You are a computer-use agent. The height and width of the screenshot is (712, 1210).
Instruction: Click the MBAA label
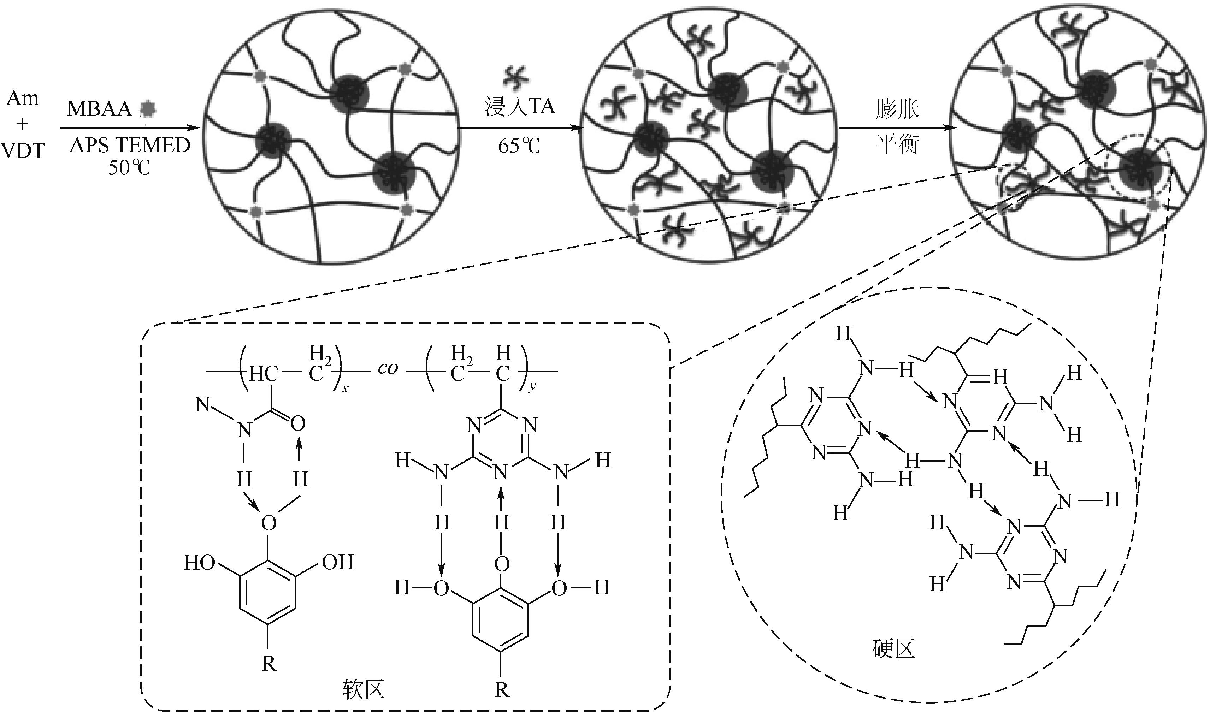click(99, 109)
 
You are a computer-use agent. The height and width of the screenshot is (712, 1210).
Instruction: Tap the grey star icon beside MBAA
click(147, 109)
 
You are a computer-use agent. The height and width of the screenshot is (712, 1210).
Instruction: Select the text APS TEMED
click(130, 145)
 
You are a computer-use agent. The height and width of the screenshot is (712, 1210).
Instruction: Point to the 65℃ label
click(519, 145)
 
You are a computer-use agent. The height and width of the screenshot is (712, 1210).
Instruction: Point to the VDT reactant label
click(23, 151)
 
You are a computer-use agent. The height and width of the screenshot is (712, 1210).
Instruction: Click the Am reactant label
click(23, 99)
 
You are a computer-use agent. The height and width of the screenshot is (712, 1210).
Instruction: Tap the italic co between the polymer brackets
click(388, 369)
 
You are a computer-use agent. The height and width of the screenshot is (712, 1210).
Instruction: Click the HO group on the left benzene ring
click(199, 563)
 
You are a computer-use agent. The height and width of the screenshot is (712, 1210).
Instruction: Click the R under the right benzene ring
click(502, 690)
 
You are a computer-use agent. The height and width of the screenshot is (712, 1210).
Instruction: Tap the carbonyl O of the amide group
click(298, 423)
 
